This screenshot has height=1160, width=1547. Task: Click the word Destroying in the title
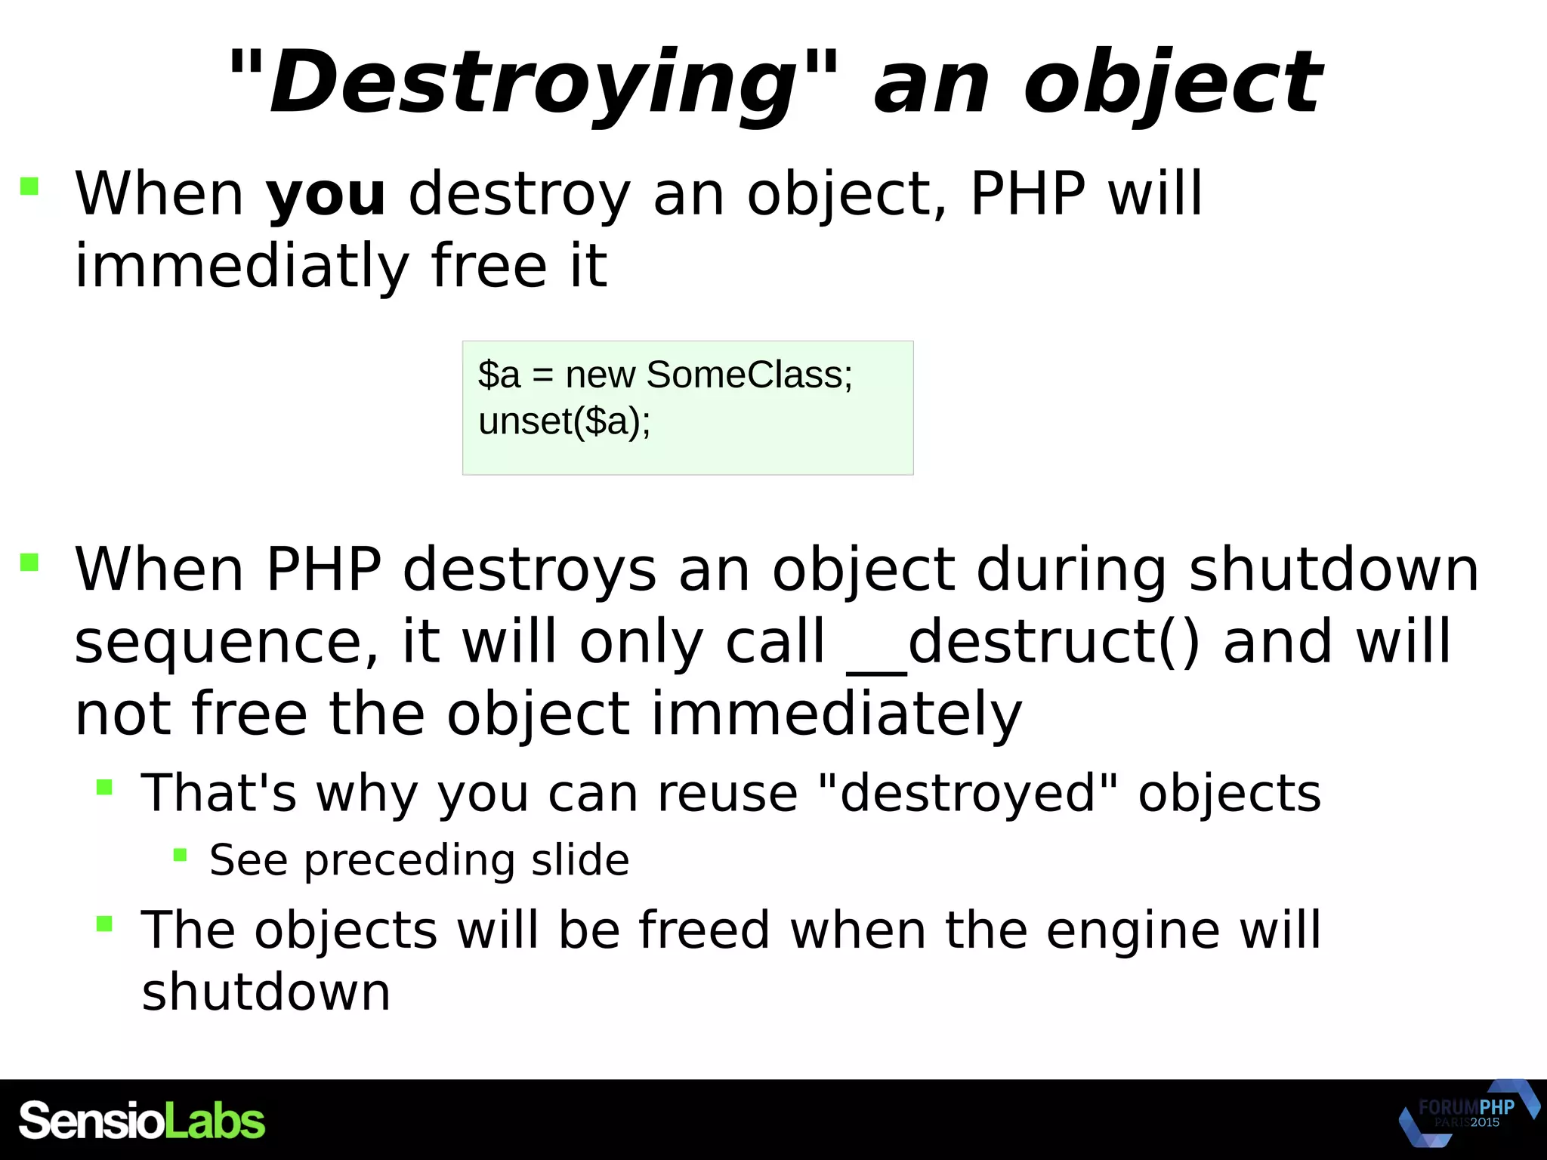click(x=533, y=82)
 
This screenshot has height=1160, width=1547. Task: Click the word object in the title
click(x=1172, y=82)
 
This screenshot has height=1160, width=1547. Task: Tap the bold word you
click(x=326, y=195)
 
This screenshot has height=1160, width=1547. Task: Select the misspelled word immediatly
click(x=242, y=266)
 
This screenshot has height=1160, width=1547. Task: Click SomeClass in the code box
click(x=749, y=375)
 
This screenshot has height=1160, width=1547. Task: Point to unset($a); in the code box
click(x=564, y=421)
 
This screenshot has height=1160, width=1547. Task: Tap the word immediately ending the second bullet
click(x=836, y=714)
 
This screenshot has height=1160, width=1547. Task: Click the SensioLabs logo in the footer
click(x=142, y=1121)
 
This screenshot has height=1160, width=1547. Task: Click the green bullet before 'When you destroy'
click(x=29, y=186)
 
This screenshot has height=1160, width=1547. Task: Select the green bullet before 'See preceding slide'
click(x=180, y=855)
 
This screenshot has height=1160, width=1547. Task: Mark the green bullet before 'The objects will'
click(x=104, y=924)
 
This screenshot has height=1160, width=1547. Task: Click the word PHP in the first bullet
click(x=1027, y=195)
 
